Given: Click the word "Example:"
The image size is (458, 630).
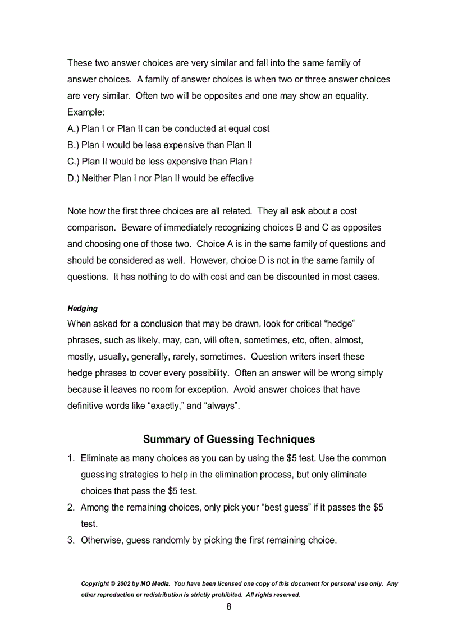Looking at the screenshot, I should pos(86,112).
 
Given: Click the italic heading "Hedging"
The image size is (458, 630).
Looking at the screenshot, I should pos(83,309).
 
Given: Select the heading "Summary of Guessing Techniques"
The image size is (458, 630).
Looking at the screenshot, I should pos(229,439).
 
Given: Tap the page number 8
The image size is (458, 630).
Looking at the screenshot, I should pos(229,606).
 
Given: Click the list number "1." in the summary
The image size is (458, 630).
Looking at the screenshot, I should pos(71,458).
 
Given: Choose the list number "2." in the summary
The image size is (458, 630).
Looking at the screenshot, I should pos(71,508).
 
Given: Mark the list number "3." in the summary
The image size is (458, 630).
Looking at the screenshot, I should pos(71,541).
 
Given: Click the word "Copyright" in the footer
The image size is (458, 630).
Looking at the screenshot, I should pos(95,584).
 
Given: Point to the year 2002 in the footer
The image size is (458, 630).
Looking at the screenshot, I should pos(124,584).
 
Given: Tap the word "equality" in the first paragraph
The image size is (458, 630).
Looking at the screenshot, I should pos(350,96).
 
